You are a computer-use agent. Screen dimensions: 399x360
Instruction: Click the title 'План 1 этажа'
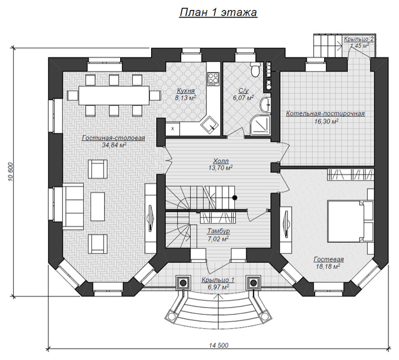click(x=218, y=12)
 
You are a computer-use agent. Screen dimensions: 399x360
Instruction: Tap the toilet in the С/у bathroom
click(x=255, y=69)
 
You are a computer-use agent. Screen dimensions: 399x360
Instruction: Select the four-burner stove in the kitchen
click(x=213, y=79)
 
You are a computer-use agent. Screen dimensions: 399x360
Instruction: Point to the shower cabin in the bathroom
click(x=260, y=125)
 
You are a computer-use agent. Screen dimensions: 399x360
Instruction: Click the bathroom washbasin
click(x=266, y=104)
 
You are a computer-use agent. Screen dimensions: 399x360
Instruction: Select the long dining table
click(x=114, y=95)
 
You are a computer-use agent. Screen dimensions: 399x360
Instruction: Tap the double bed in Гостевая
click(x=350, y=220)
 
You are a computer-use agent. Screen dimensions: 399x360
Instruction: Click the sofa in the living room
click(x=73, y=206)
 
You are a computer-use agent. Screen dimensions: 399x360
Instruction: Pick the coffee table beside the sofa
click(x=97, y=207)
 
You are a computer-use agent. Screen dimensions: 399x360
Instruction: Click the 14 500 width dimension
click(x=219, y=345)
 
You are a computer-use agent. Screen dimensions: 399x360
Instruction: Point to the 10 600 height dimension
click(x=10, y=171)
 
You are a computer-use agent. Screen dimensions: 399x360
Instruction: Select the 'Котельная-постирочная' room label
click(x=326, y=113)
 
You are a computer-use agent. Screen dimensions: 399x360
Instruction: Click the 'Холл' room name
click(x=221, y=161)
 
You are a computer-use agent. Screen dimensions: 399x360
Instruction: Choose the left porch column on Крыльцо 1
click(x=183, y=282)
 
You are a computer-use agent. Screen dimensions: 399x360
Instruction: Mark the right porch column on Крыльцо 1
click(x=253, y=282)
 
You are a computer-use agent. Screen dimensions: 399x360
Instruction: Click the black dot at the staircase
click(x=235, y=197)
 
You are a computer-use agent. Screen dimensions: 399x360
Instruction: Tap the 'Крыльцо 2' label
click(x=359, y=39)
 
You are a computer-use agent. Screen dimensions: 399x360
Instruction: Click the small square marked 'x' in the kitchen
click(x=173, y=129)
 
